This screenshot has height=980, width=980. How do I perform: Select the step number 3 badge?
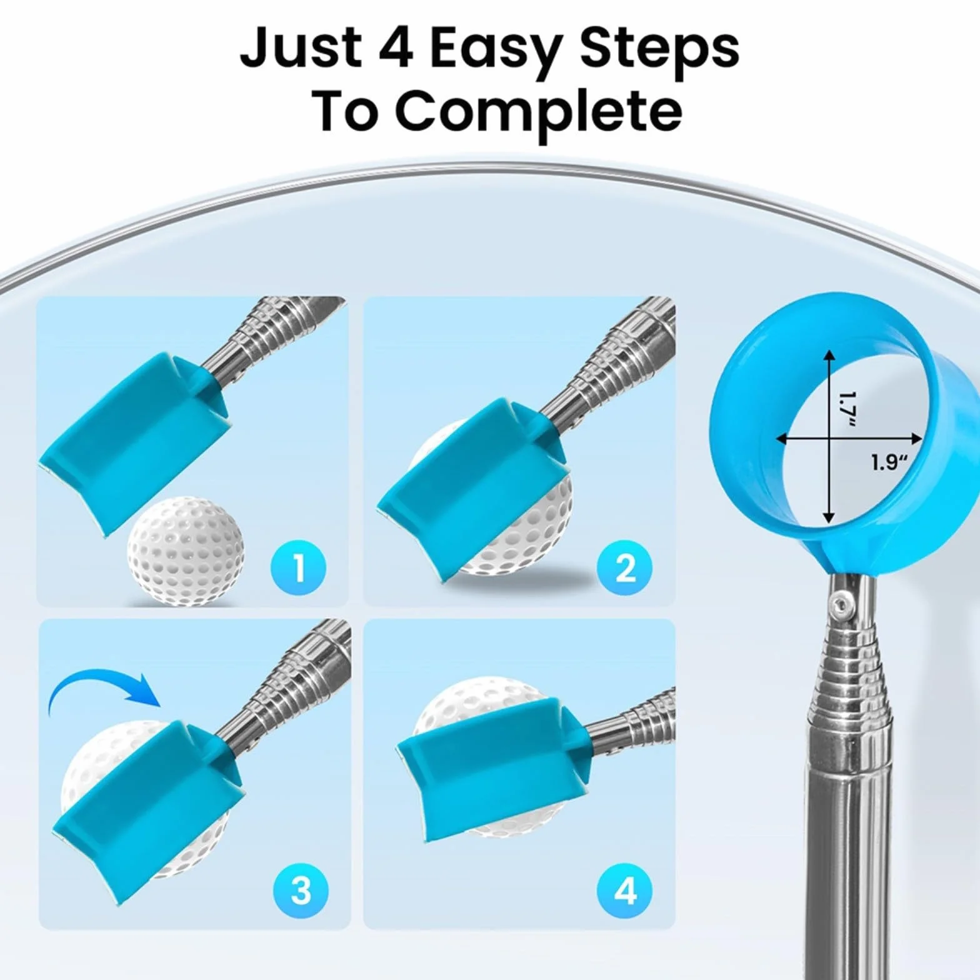[301, 890]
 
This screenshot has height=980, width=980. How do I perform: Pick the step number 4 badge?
[625, 890]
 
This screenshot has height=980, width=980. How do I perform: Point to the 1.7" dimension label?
[846, 409]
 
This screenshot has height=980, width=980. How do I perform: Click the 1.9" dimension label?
[889, 462]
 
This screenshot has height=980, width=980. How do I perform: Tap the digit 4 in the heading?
[393, 47]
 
